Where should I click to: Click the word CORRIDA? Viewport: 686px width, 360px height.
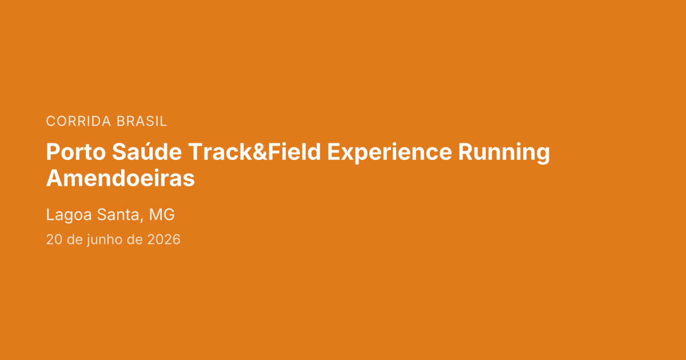point(78,121)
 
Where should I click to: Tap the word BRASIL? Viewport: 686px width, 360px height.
point(142,121)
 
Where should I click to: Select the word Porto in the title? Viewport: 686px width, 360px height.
point(76,152)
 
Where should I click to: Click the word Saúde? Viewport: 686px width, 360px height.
point(147,151)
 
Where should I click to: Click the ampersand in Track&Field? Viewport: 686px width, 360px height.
point(260,152)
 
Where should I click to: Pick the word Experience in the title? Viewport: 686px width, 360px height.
point(389,153)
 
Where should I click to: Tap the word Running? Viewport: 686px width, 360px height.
point(504,153)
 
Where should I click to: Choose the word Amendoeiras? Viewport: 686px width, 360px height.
point(121,178)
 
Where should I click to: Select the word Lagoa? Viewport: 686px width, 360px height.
point(69,215)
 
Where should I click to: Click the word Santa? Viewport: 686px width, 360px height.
point(118,214)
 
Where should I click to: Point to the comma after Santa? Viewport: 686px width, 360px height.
point(142,220)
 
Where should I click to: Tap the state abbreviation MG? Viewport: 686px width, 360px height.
point(162,214)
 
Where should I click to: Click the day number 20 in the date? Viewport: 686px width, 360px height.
point(54,239)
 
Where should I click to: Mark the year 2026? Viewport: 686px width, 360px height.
point(164,239)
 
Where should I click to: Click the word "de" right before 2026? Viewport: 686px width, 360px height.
point(134,239)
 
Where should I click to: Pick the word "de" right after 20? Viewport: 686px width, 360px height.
point(75,239)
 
